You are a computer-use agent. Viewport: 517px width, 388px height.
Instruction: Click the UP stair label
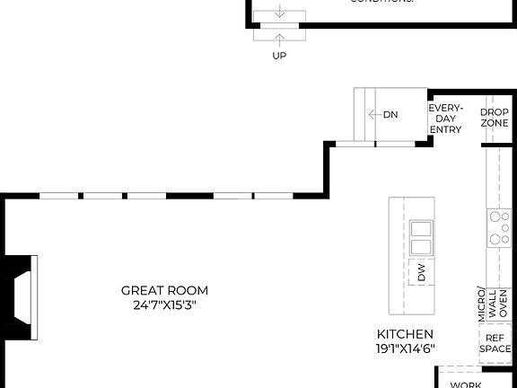click(280, 56)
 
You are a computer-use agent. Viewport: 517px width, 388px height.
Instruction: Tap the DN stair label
click(390, 115)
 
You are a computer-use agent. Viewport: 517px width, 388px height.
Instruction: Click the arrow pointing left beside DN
click(373, 115)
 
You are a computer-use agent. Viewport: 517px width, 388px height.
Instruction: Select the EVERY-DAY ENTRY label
click(445, 119)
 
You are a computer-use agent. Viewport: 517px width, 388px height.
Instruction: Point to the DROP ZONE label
click(495, 119)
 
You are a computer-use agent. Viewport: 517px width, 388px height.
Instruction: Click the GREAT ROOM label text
click(164, 290)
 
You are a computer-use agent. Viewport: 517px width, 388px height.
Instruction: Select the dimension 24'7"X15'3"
click(164, 304)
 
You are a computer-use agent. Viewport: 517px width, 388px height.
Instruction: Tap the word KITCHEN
click(405, 333)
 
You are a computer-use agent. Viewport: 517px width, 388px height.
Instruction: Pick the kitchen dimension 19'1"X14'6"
click(405, 348)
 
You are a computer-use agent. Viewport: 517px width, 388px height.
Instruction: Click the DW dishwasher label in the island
click(422, 274)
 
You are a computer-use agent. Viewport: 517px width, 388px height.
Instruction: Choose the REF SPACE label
click(495, 344)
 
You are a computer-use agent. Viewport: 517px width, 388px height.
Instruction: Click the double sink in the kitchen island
click(420, 238)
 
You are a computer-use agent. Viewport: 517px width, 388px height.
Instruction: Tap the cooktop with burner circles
click(498, 229)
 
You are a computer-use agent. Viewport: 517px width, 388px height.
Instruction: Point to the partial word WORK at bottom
click(466, 384)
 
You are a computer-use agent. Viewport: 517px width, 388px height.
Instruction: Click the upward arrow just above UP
click(280, 38)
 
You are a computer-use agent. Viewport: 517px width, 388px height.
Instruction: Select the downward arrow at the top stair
click(280, 12)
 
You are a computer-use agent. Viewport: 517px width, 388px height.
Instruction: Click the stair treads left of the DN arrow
click(361, 115)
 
